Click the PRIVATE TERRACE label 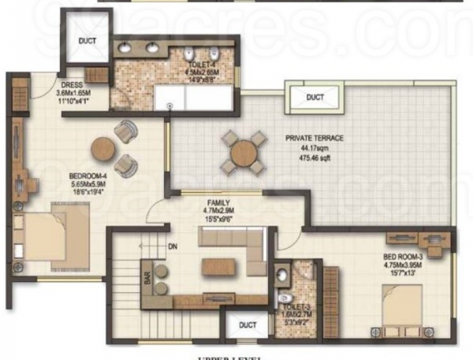(315, 137)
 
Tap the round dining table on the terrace (244, 151)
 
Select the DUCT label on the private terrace (315, 98)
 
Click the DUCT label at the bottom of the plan (248, 324)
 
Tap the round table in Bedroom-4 (103, 149)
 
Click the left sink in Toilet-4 (125, 48)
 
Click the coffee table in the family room (218, 266)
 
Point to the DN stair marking (172, 247)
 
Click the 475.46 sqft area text (315, 158)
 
